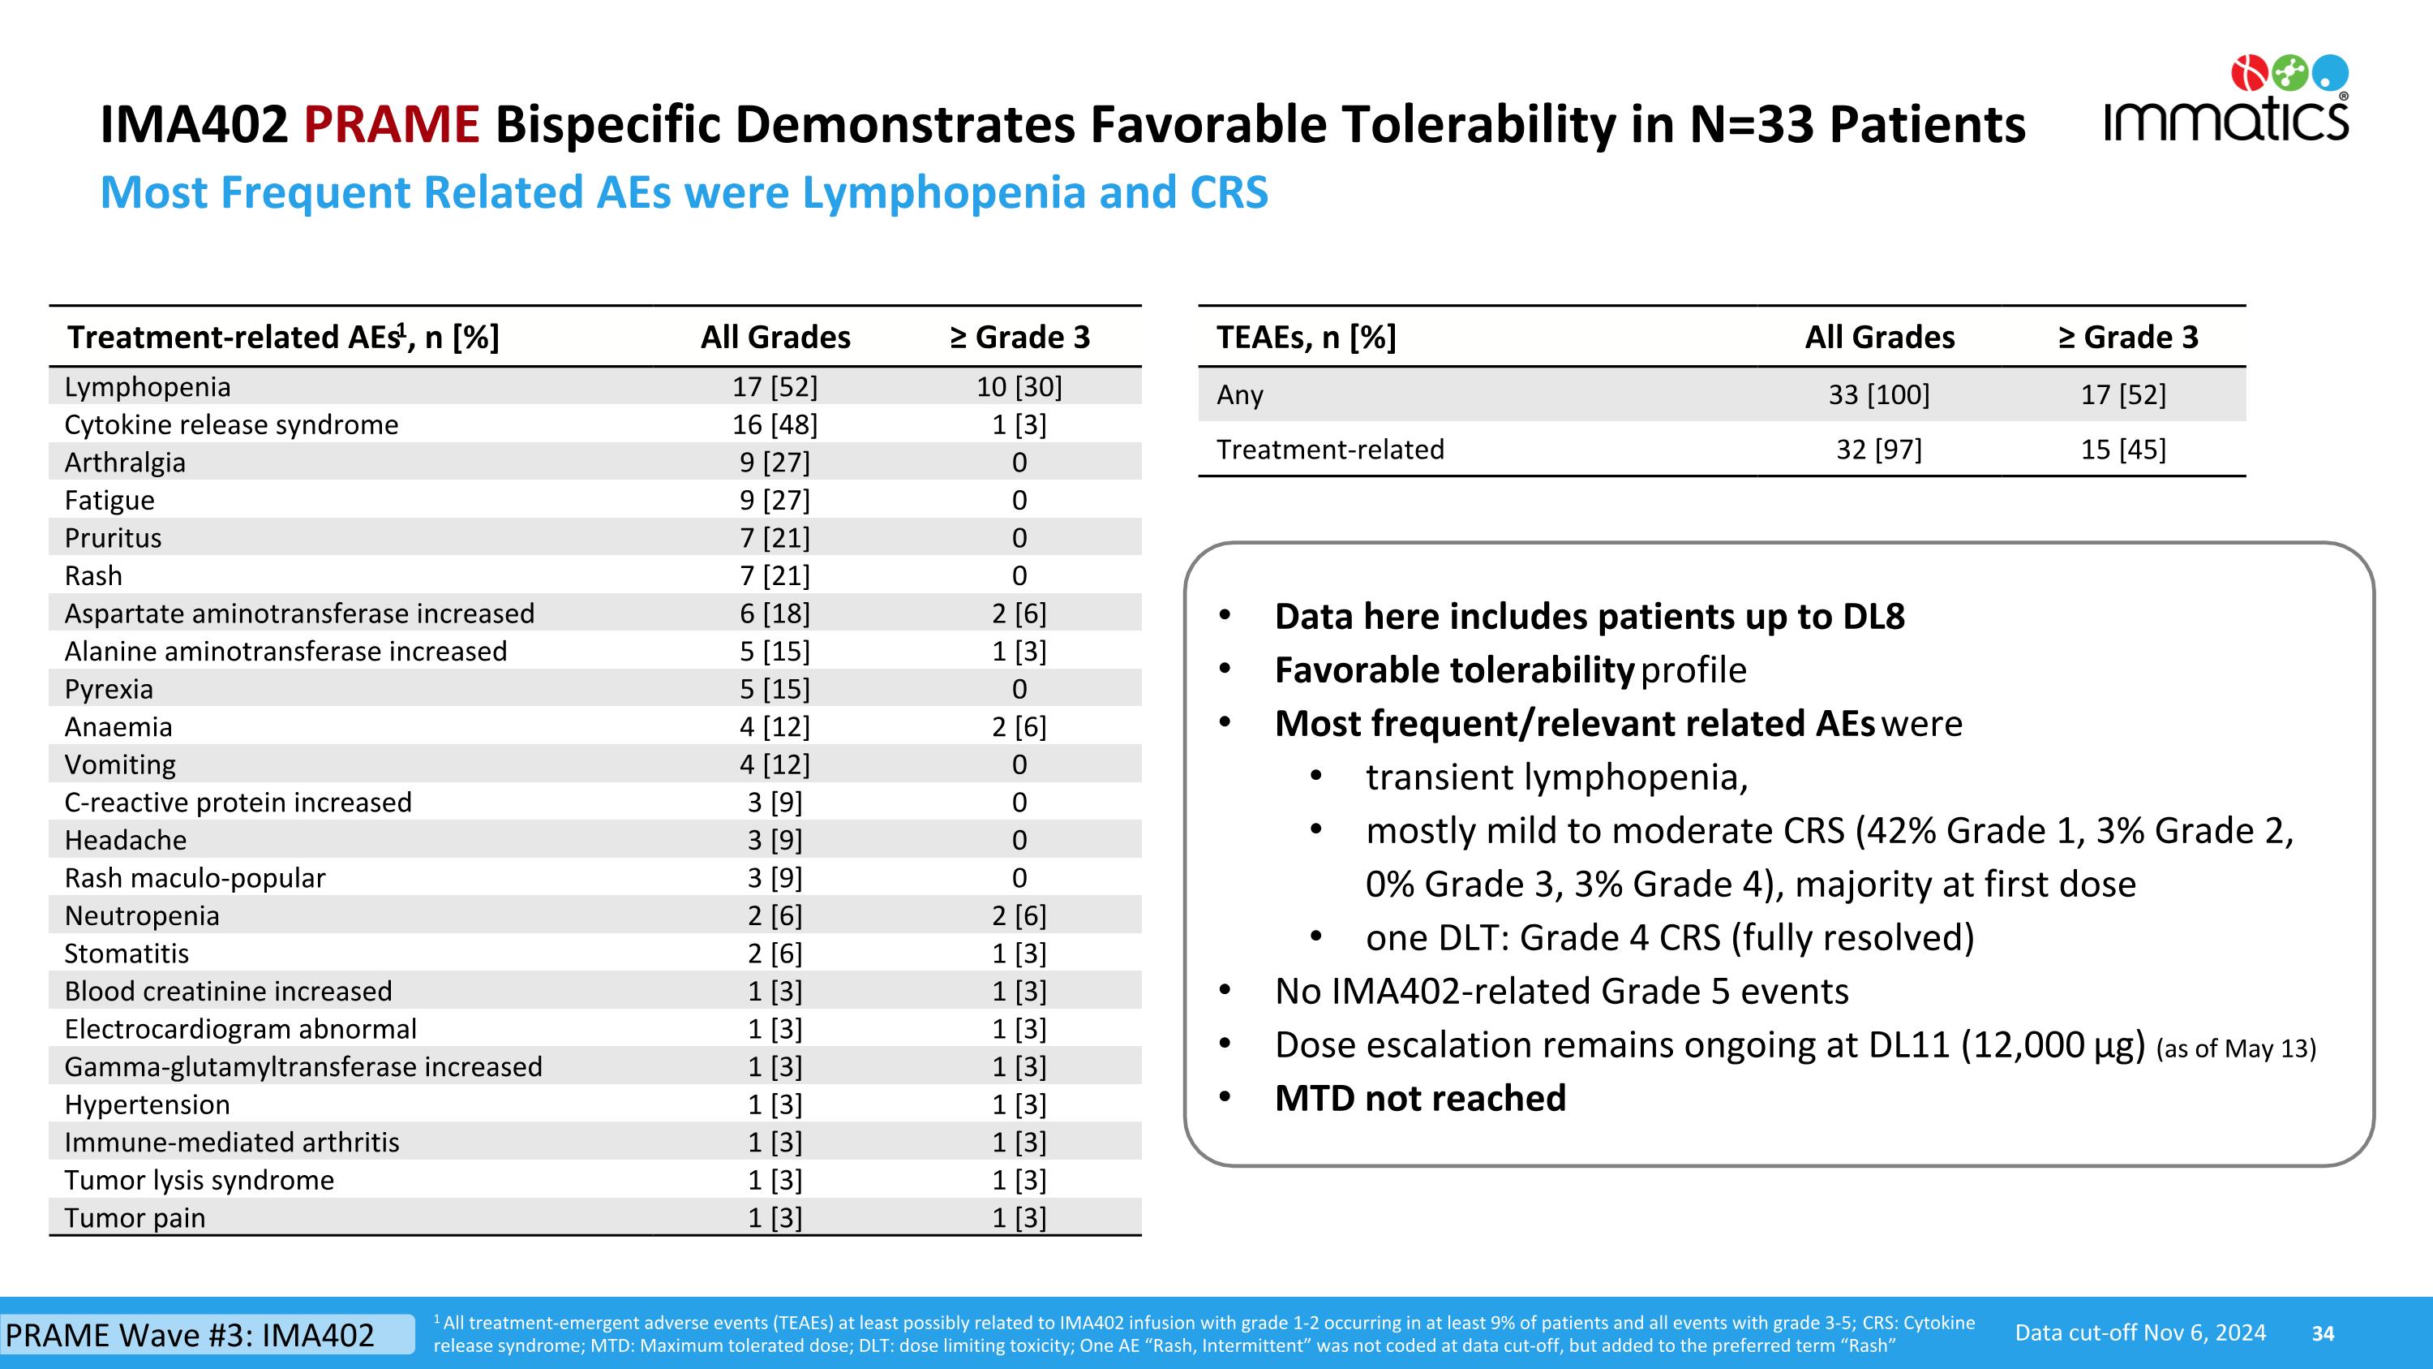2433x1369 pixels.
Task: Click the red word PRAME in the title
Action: [x=391, y=125]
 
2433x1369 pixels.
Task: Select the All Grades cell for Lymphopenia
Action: [x=775, y=387]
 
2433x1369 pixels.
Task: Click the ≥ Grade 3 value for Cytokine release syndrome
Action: [x=1019, y=425]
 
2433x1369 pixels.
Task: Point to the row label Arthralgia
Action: [x=125, y=463]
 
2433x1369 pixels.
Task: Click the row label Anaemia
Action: [x=118, y=727]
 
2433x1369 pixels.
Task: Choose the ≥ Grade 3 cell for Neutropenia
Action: [x=1019, y=915]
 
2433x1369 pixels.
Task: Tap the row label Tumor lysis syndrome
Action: [x=200, y=1180]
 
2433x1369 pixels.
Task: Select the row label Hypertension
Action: [x=147, y=1104]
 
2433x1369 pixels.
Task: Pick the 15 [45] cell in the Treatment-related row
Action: [x=2123, y=450]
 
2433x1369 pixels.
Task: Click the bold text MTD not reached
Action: [x=1419, y=1098]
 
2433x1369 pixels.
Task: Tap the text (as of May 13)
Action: [x=2236, y=1048]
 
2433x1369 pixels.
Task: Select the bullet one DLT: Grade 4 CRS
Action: [x=1669, y=938]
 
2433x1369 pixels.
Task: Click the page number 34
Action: [x=2323, y=1334]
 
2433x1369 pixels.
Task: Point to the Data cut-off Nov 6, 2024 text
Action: [x=2140, y=1333]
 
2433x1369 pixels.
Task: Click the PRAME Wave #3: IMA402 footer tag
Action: [x=191, y=1335]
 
